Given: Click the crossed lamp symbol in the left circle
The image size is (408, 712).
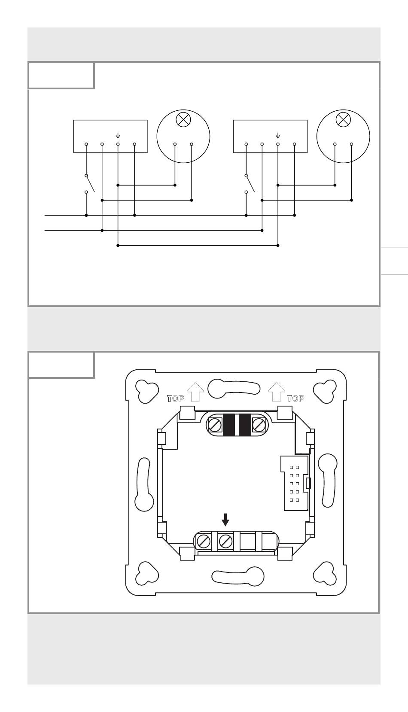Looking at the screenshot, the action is coord(183,119).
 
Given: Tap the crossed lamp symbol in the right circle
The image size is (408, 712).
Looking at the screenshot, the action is coord(343,119).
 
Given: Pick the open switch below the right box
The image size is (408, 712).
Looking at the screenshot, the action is coord(250,184).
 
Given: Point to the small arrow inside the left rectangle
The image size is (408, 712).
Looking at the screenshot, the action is coord(118,136).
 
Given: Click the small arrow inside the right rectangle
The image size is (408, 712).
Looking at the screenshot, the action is coord(278,136).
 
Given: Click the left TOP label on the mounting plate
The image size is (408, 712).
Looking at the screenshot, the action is coord(175,399).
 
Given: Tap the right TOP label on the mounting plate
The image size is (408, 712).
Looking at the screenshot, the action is coord(296,399).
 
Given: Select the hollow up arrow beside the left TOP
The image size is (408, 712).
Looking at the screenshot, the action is coord(195,392).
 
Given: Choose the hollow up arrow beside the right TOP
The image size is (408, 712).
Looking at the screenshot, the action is coord(276,392).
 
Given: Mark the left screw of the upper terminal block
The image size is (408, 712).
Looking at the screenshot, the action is coord(213,424).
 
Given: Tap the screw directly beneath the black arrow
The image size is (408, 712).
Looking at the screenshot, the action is coord(226,540).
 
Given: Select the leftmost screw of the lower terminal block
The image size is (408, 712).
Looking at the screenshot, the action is coord(204,540).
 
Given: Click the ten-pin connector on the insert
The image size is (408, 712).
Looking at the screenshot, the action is coord(295,483).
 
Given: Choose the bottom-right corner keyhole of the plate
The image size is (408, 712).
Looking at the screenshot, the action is coord(325,573).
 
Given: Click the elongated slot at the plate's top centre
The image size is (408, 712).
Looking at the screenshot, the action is coord(234,388).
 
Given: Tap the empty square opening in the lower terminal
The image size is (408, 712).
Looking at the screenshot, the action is coord(248,541).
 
